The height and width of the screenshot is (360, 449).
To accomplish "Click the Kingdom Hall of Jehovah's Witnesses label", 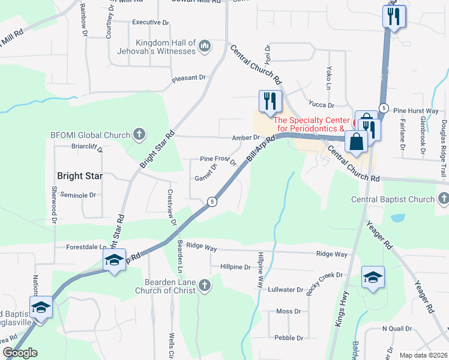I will click(166, 47).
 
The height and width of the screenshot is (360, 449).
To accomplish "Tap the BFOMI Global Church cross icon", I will click(139, 134).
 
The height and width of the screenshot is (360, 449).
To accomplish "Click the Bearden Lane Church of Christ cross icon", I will click(205, 286).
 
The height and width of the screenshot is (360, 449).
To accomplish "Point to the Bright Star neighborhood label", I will click(80, 176).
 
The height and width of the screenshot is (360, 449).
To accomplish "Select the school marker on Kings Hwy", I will click(373, 277).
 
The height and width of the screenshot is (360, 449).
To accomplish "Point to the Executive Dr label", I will click(151, 22).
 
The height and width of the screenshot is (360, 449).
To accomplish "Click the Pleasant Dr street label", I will click(188, 77).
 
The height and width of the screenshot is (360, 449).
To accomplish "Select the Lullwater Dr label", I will click(286, 289).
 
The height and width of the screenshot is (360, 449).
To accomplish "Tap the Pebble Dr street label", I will click(289, 338).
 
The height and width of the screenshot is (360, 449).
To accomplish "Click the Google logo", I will click(20, 352).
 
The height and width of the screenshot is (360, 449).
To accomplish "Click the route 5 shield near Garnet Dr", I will click(212, 202).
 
